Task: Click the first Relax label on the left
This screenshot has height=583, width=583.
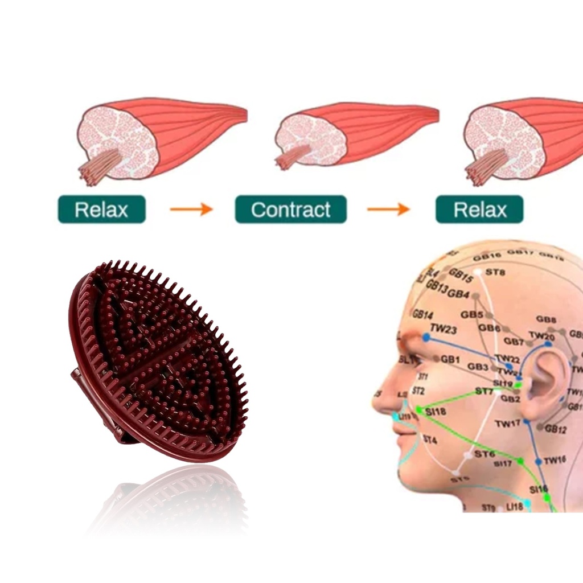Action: tap(101, 210)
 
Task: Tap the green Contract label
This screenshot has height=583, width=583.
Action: tap(290, 210)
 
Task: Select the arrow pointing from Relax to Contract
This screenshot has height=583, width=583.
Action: tap(191, 210)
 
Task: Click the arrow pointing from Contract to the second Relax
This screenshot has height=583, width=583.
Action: tap(388, 210)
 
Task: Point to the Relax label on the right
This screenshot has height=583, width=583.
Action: tap(479, 210)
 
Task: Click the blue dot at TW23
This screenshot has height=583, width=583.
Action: tap(426, 338)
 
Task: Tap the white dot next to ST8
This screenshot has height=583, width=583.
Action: tap(478, 272)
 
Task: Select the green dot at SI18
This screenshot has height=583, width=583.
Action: tap(419, 409)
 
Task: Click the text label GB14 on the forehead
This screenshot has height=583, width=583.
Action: tap(422, 315)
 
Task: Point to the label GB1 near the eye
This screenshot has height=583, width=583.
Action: tap(450, 359)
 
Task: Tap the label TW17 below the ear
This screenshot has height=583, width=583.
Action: tap(507, 424)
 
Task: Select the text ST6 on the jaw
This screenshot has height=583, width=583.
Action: tap(485, 454)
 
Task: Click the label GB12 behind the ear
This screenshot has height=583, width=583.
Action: tap(555, 429)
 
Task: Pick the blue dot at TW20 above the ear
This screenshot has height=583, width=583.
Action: tap(548, 344)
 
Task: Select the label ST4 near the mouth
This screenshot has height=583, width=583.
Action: tap(430, 440)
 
